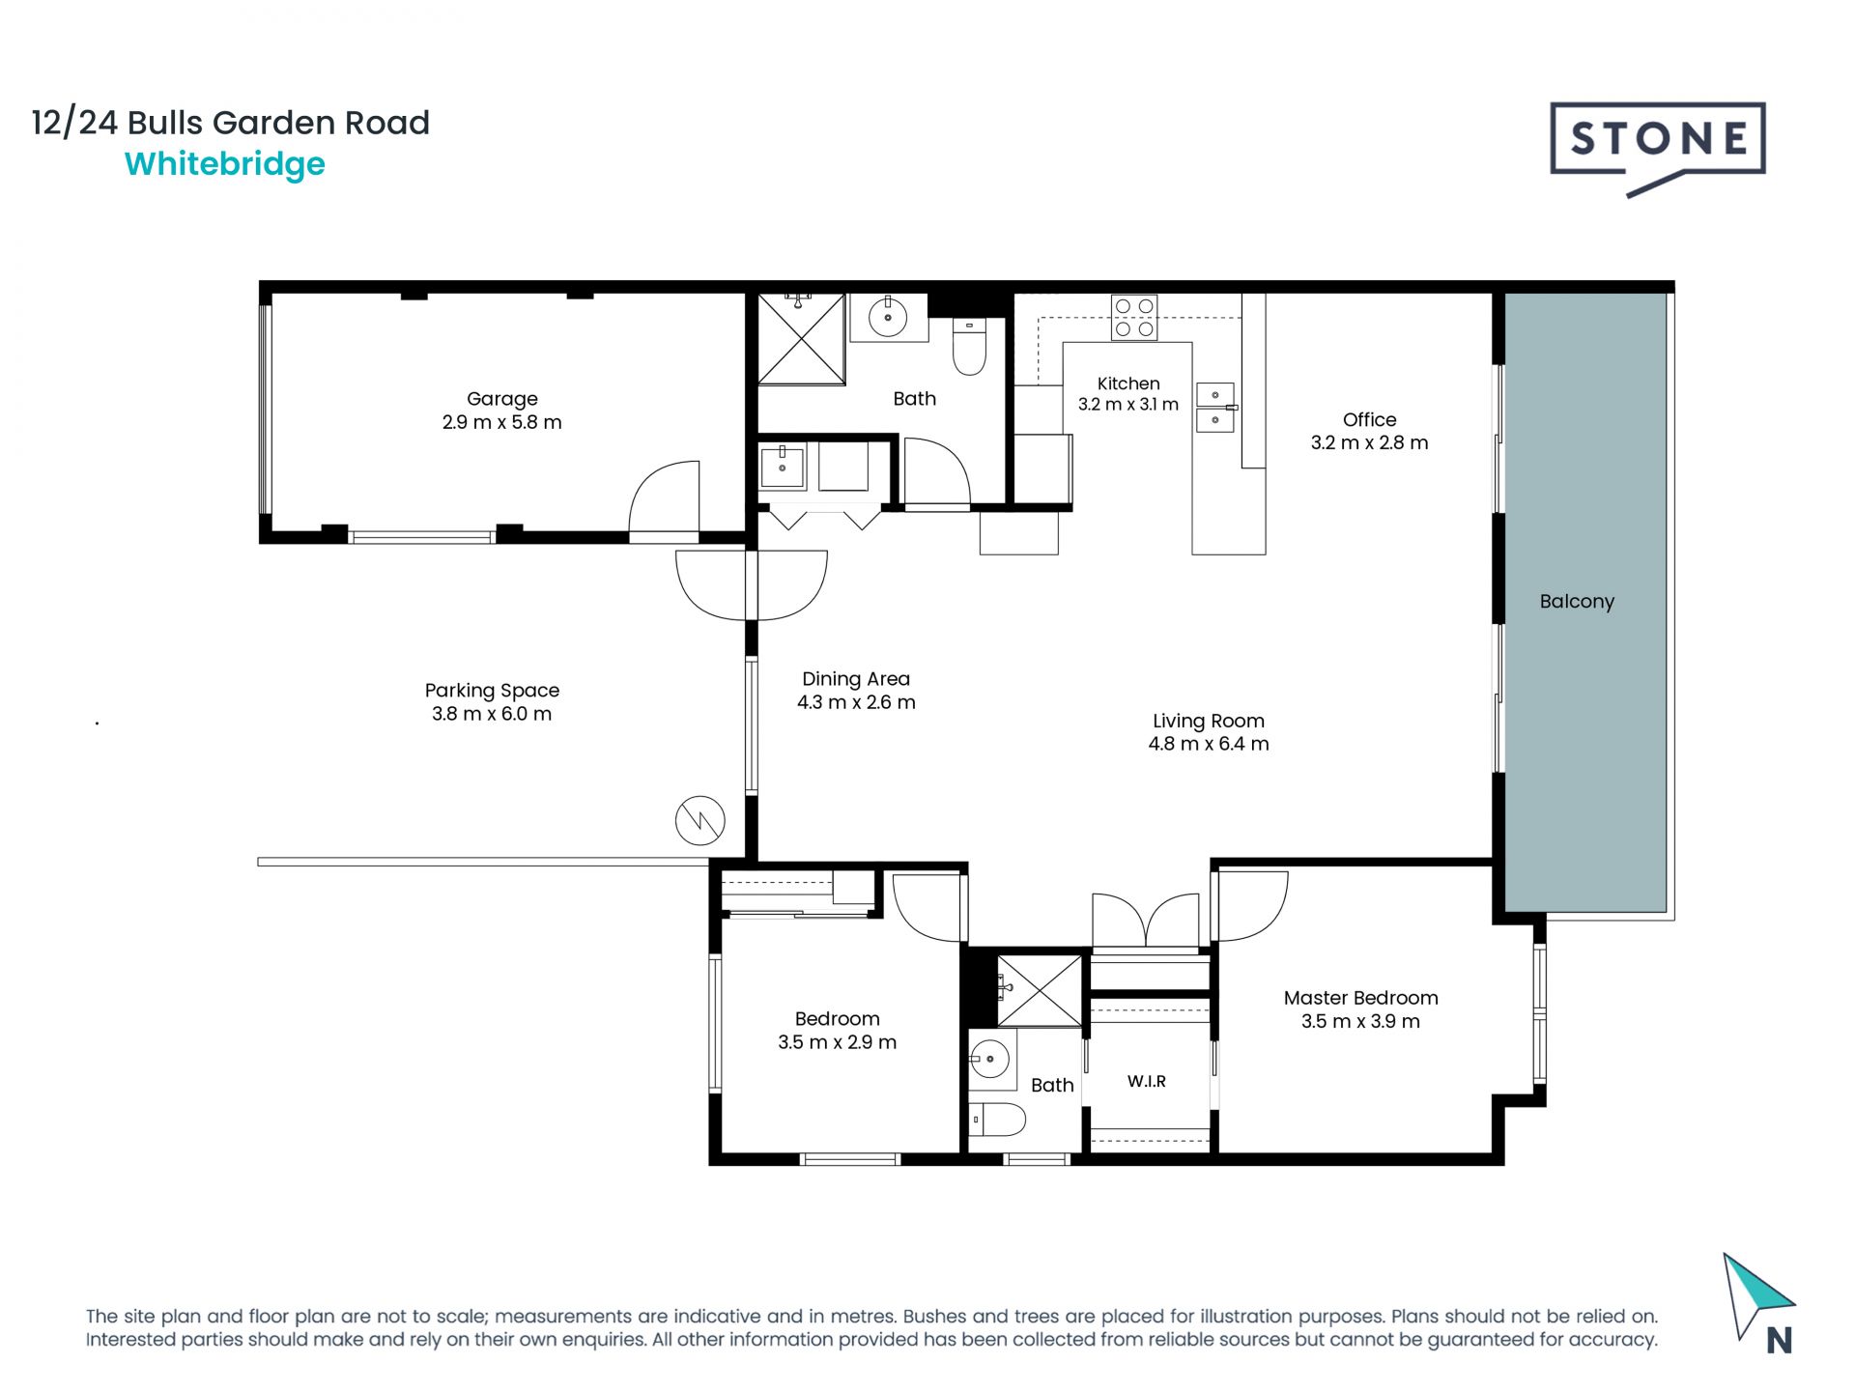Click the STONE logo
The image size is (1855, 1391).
click(1658, 147)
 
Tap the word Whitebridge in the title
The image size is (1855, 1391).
click(225, 164)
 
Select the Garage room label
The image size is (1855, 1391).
click(501, 399)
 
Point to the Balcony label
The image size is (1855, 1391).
click(1577, 601)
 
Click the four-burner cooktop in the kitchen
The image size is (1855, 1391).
click(1134, 318)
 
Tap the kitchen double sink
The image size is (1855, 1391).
click(1215, 408)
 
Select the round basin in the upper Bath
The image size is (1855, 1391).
click(888, 316)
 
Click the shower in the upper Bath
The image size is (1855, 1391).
click(801, 339)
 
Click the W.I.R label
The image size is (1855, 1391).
click(1147, 1082)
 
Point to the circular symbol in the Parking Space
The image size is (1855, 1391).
click(699, 821)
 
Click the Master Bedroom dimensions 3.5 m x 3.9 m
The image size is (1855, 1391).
click(1360, 1022)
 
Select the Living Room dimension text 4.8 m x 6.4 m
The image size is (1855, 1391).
click(1209, 744)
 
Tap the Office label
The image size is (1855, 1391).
click(1369, 419)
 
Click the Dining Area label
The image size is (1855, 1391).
click(856, 679)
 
